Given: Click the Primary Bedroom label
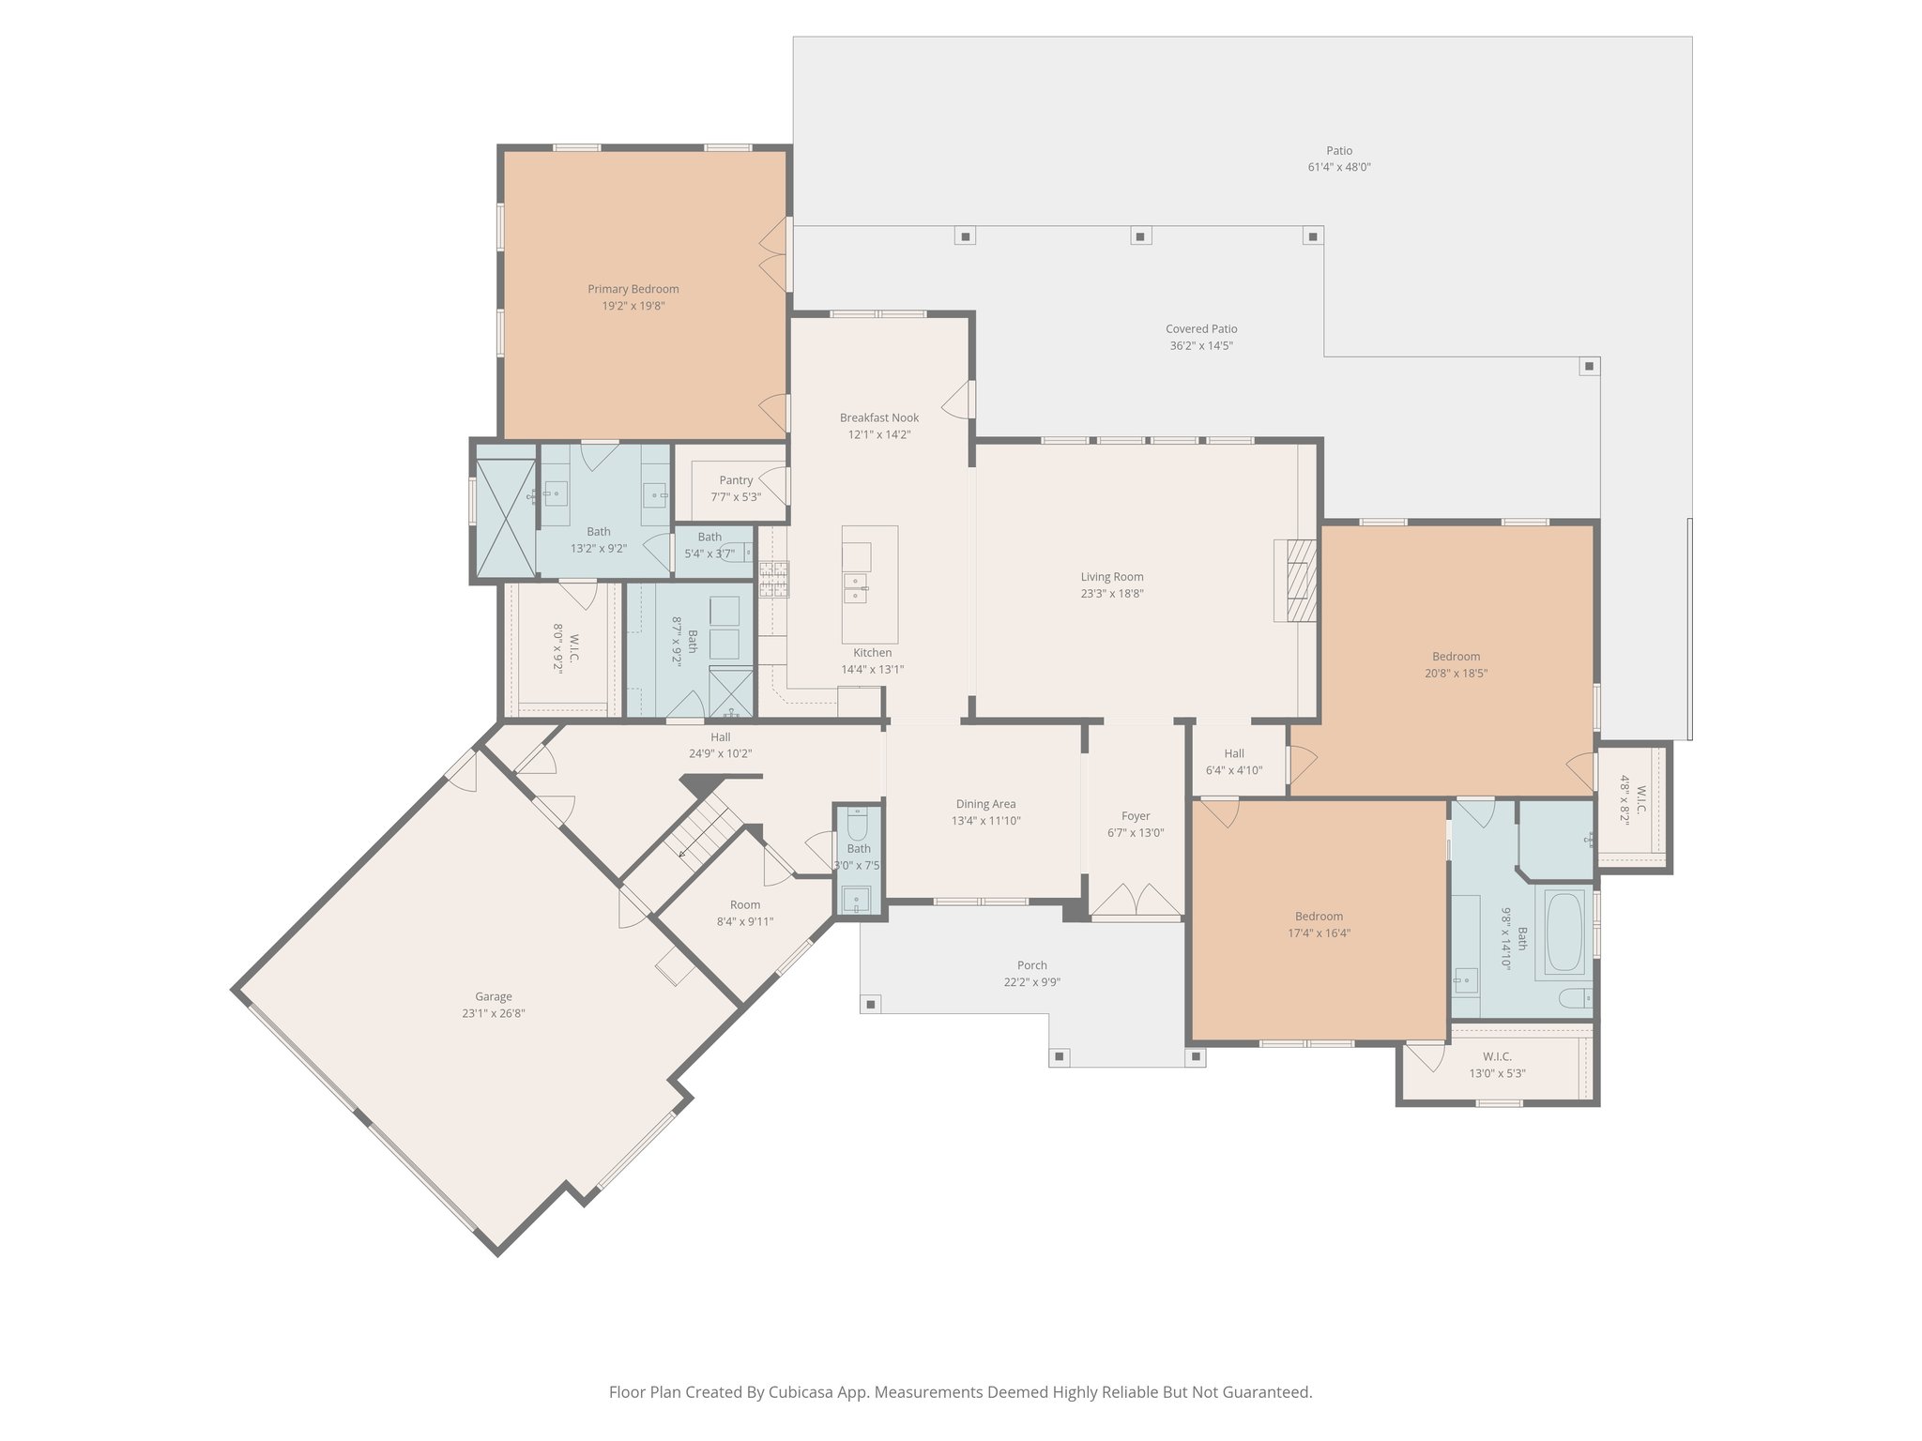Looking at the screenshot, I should pyautogui.click(x=633, y=289).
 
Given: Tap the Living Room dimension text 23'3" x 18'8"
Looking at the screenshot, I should pyautogui.click(x=1111, y=594).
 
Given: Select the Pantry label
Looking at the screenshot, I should pyautogui.click(x=736, y=480).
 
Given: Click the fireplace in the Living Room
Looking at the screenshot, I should pyautogui.click(x=1296, y=580).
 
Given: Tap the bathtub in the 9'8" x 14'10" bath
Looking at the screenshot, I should pyautogui.click(x=1564, y=933).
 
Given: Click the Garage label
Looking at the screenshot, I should pyautogui.click(x=493, y=997).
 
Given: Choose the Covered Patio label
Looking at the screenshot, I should pyautogui.click(x=1201, y=329).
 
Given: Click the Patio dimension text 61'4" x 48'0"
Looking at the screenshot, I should pyautogui.click(x=1339, y=168).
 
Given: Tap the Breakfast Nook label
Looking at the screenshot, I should pyautogui.click(x=878, y=417).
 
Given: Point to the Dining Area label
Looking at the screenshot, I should pyautogui.click(x=985, y=804).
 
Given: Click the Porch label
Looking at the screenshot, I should pyautogui.click(x=1031, y=965).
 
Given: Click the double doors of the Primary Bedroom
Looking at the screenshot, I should pyautogui.click(x=773, y=254).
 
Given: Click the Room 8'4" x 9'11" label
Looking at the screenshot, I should pyautogui.click(x=744, y=905).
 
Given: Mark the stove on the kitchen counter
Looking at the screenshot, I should pyautogui.click(x=773, y=579).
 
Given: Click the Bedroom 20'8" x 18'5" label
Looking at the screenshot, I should pyautogui.click(x=1456, y=657).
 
